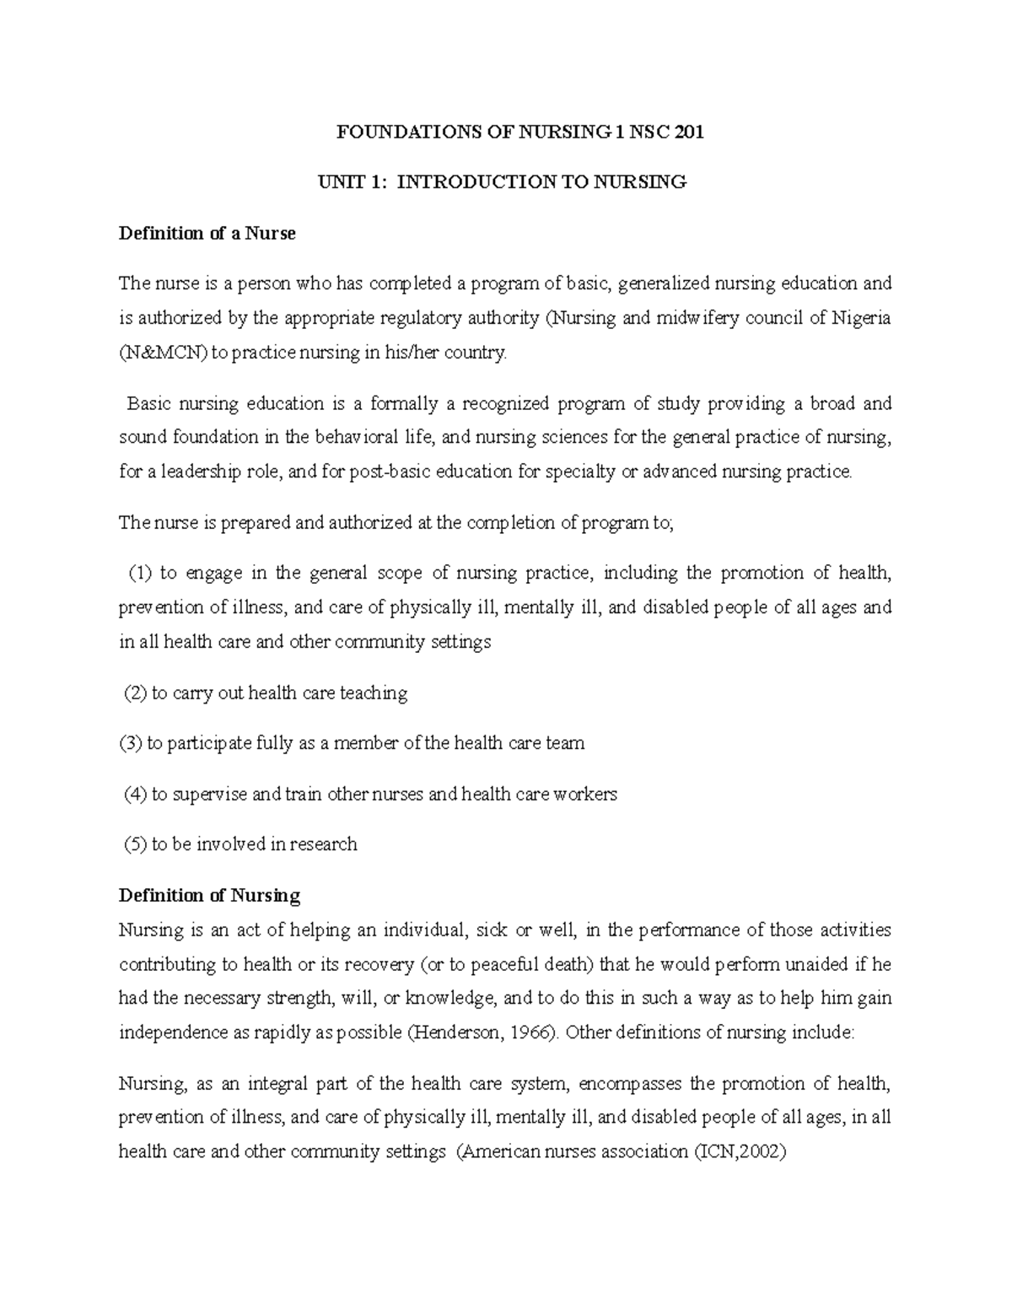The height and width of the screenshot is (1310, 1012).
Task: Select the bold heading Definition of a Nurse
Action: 207,234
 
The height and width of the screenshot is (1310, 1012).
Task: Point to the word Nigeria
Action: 861,318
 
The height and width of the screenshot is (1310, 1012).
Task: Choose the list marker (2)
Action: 135,693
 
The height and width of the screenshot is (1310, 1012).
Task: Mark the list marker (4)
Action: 135,794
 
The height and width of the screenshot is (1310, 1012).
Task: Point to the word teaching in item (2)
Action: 373,693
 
